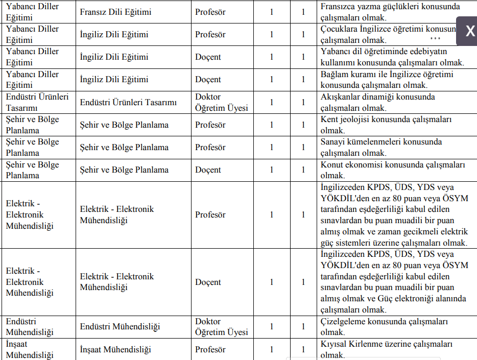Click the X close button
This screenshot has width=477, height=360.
pyautogui.click(x=470, y=31)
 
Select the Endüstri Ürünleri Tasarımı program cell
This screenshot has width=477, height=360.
pyautogui.click(x=128, y=102)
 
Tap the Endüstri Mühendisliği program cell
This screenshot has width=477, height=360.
pyautogui.click(x=120, y=327)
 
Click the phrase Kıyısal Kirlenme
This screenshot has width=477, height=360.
pyautogui.click(x=352, y=344)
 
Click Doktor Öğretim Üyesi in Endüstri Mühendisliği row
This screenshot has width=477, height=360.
pyautogui.click(x=222, y=327)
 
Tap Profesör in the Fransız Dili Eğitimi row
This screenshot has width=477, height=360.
pyautogui.click(x=210, y=12)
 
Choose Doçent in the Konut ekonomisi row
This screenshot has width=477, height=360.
pyautogui.click(x=208, y=170)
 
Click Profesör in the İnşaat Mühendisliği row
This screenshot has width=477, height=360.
pyautogui.click(x=210, y=350)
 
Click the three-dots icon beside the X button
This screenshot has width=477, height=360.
pyautogui.click(x=435, y=38)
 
